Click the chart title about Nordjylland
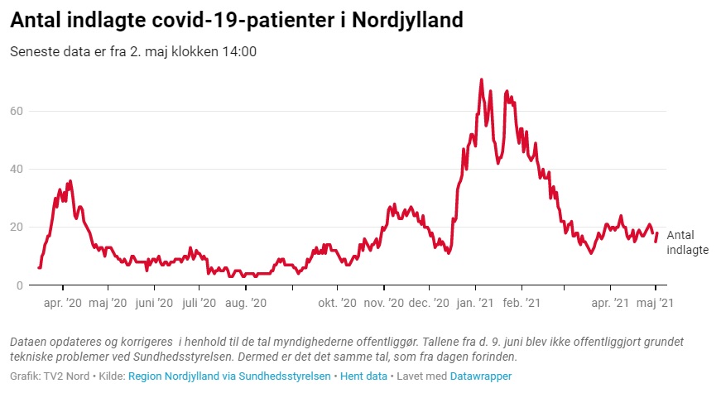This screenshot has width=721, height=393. (x=237, y=20)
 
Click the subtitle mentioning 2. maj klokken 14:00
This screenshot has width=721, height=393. (x=133, y=51)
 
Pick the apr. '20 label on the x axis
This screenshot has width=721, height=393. (x=62, y=304)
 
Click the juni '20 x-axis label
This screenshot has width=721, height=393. (x=154, y=304)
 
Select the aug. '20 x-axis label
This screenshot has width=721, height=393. (x=246, y=304)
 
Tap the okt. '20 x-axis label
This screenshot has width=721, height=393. (x=337, y=304)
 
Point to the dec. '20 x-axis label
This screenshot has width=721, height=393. (x=429, y=304)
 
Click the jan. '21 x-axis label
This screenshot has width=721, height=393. (x=475, y=304)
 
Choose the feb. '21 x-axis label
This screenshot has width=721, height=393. (x=522, y=304)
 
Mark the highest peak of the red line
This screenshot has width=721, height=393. (x=481, y=80)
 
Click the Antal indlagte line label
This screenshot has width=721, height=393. (x=687, y=242)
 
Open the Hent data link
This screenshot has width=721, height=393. (x=364, y=376)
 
